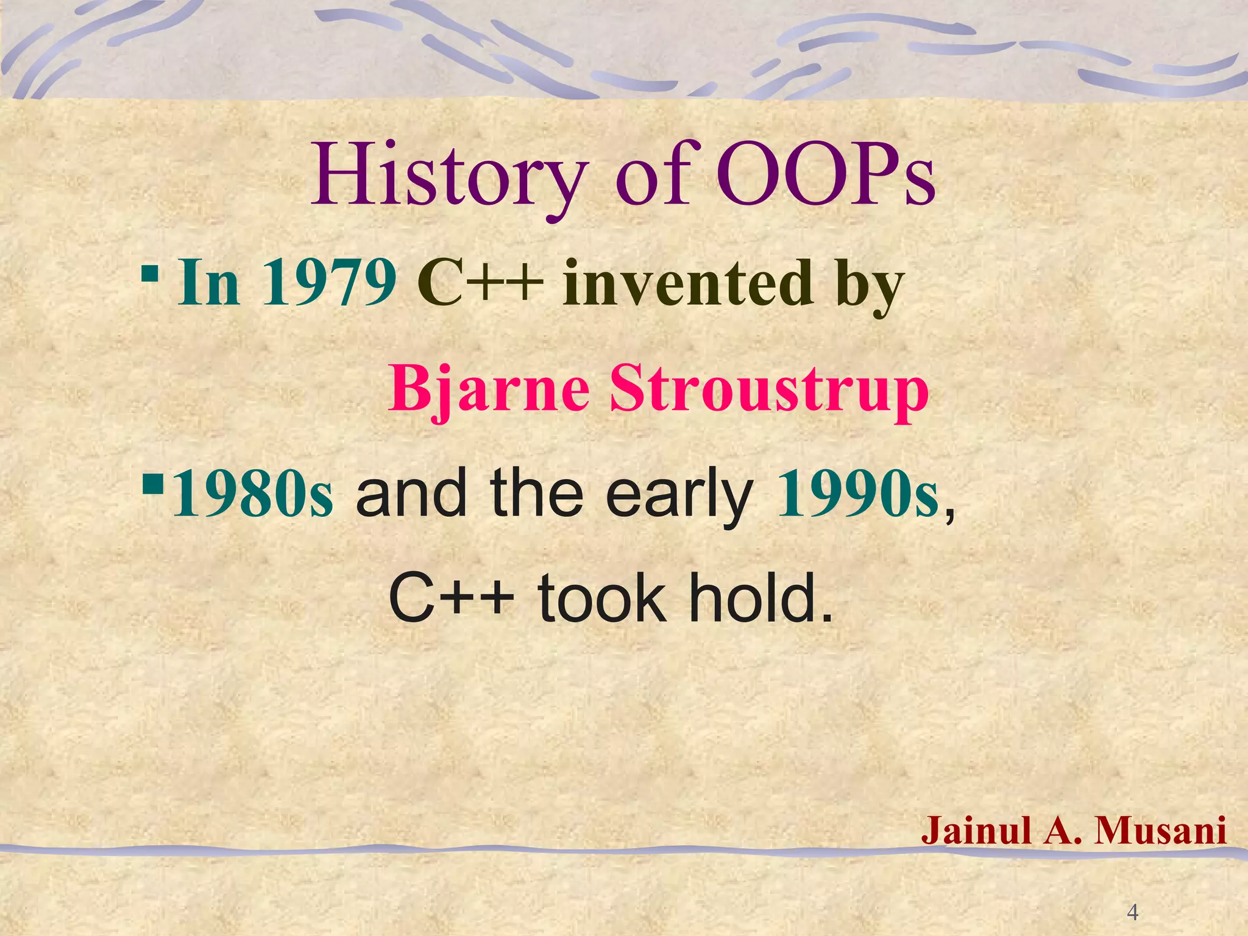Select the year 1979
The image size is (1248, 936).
329,283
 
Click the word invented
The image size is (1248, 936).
688,283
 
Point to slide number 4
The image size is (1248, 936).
1133,912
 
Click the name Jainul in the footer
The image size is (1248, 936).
977,830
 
